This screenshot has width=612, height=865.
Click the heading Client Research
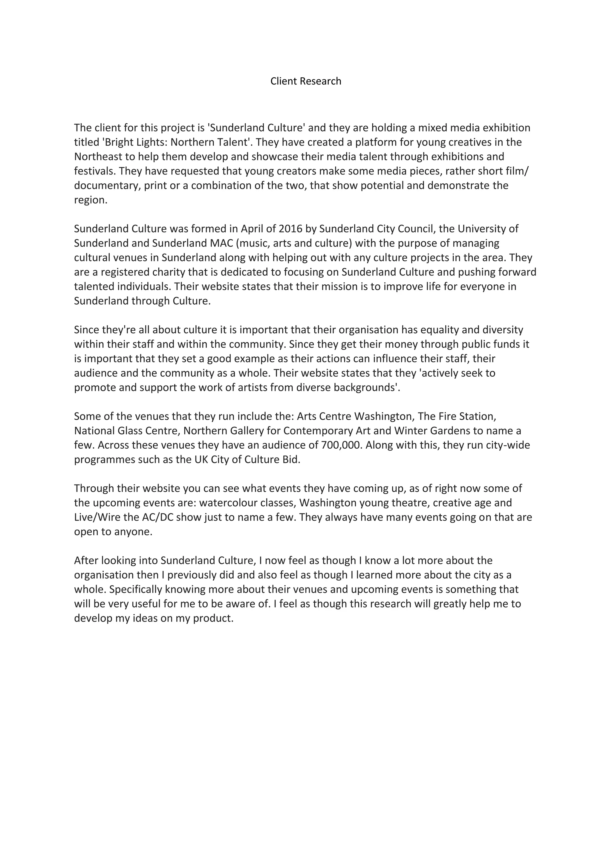(306, 81)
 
